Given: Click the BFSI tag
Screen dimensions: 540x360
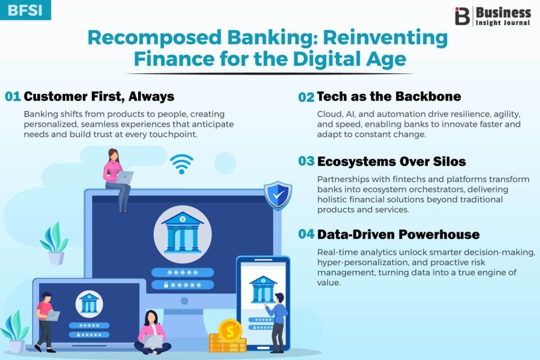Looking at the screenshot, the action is (x=25, y=10).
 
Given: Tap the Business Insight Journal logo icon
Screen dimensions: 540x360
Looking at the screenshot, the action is (x=462, y=16).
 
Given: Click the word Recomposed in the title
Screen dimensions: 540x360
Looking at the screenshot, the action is (x=155, y=38).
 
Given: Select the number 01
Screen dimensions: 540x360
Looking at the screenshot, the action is (x=13, y=96).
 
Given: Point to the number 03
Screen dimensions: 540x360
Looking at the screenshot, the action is (x=306, y=161).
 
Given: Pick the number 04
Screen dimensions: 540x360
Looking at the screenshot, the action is (x=306, y=235).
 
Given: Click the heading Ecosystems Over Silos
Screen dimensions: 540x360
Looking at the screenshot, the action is (x=392, y=162).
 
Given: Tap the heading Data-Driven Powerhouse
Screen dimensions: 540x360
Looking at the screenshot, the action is (x=399, y=235).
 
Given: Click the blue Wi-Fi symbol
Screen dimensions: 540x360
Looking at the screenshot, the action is (x=181, y=164).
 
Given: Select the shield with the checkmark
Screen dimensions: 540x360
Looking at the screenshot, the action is (x=278, y=195).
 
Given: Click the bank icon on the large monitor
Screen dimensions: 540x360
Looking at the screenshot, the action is (x=182, y=234).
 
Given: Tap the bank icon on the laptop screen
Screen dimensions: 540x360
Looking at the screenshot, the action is (x=89, y=304).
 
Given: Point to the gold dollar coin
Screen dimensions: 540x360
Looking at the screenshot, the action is (x=230, y=332).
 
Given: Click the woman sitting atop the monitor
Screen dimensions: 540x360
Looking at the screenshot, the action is (x=117, y=180).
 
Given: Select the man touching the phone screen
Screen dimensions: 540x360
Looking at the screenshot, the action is (x=277, y=323).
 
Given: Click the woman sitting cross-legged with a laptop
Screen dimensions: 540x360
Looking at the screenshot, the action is (x=152, y=333).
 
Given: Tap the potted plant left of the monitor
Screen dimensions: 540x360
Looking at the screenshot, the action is (x=54, y=243).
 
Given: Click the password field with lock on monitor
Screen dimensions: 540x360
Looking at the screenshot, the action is (x=182, y=285).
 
